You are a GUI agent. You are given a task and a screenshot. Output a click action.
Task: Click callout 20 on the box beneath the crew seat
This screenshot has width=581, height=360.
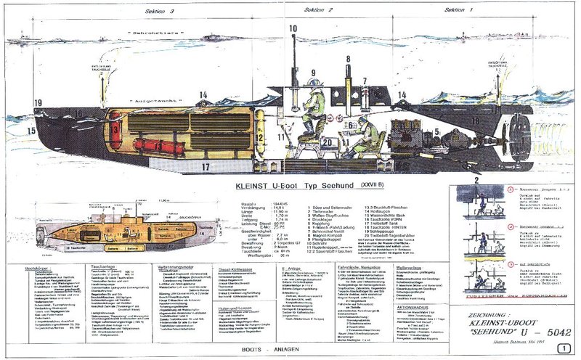pyautogui.click(x=328, y=142)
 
